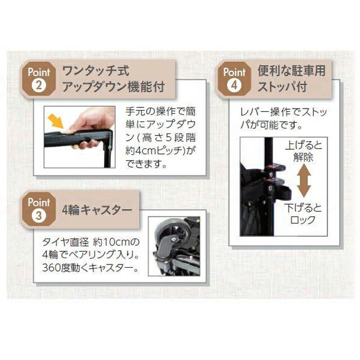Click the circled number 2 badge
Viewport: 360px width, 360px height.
(39, 85)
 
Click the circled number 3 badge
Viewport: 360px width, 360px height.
(39, 216)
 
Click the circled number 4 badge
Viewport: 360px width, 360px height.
(234, 85)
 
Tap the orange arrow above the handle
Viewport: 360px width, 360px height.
(56, 121)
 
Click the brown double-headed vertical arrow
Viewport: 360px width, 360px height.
(304, 181)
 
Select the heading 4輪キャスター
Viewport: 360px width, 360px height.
(97, 210)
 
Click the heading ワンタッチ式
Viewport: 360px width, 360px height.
(96, 71)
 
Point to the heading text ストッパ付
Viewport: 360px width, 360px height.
(282, 87)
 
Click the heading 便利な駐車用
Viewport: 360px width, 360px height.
(291, 70)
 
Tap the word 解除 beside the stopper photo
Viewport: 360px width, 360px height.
(303, 157)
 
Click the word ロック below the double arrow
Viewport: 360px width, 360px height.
(303, 220)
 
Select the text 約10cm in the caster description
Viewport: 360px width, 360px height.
(112, 242)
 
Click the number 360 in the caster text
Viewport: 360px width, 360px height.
(51, 268)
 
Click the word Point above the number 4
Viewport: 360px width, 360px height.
(234, 72)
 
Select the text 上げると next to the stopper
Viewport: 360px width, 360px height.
(303, 145)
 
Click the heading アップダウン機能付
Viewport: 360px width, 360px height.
(114, 87)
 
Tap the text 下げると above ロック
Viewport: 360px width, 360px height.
(303, 208)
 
